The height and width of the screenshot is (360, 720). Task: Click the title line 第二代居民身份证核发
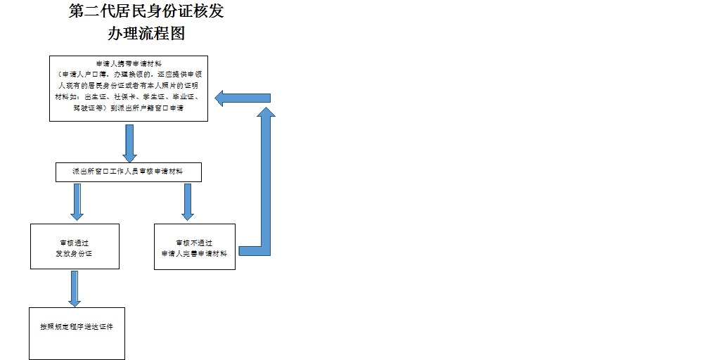pyautogui.click(x=147, y=12)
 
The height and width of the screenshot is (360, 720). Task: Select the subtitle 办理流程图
pyautogui.click(x=147, y=33)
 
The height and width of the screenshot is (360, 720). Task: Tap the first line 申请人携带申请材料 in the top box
pyautogui.click(x=129, y=63)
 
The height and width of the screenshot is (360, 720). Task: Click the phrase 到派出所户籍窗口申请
pyautogui.click(x=147, y=108)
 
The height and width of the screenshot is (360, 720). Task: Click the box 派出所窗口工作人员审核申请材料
pyautogui.click(x=129, y=172)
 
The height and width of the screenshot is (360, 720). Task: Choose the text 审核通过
pyautogui.click(x=74, y=243)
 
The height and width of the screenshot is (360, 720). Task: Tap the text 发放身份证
pyautogui.click(x=74, y=253)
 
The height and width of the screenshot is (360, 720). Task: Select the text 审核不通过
pyautogui.click(x=194, y=243)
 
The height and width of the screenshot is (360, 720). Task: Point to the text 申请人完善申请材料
pyautogui.click(x=194, y=253)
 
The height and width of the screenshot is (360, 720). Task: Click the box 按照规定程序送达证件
pyautogui.click(x=77, y=328)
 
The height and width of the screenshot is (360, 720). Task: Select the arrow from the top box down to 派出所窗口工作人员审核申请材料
pyautogui.click(x=129, y=143)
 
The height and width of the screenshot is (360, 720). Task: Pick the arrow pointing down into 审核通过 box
pyautogui.click(x=77, y=202)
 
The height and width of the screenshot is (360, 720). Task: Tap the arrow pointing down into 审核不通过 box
pyautogui.click(x=188, y=202)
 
